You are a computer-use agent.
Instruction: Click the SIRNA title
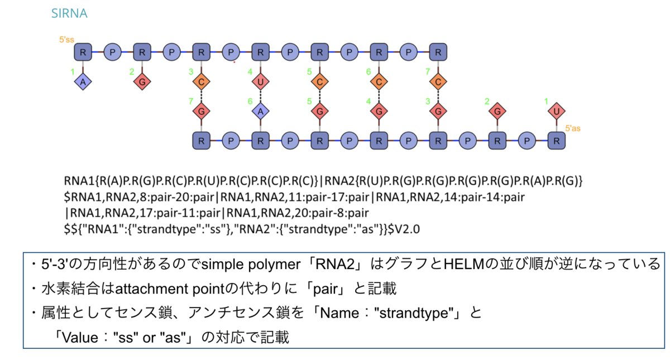69,13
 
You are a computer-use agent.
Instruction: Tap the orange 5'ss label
66,40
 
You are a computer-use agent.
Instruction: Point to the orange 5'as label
572,128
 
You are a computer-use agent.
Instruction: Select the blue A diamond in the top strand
83,81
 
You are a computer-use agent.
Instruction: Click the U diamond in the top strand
261,81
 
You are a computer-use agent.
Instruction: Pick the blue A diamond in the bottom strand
261,111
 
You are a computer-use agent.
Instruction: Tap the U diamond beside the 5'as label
556,111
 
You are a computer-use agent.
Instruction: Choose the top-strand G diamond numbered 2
142,81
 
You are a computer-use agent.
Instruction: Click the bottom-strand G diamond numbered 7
202,111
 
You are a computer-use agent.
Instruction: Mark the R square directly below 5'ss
83,52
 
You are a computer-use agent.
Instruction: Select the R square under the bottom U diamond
556,141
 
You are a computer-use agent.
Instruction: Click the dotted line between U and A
261,96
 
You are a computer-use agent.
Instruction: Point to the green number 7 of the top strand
428,72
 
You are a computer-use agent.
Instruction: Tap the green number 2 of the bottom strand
487,102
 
